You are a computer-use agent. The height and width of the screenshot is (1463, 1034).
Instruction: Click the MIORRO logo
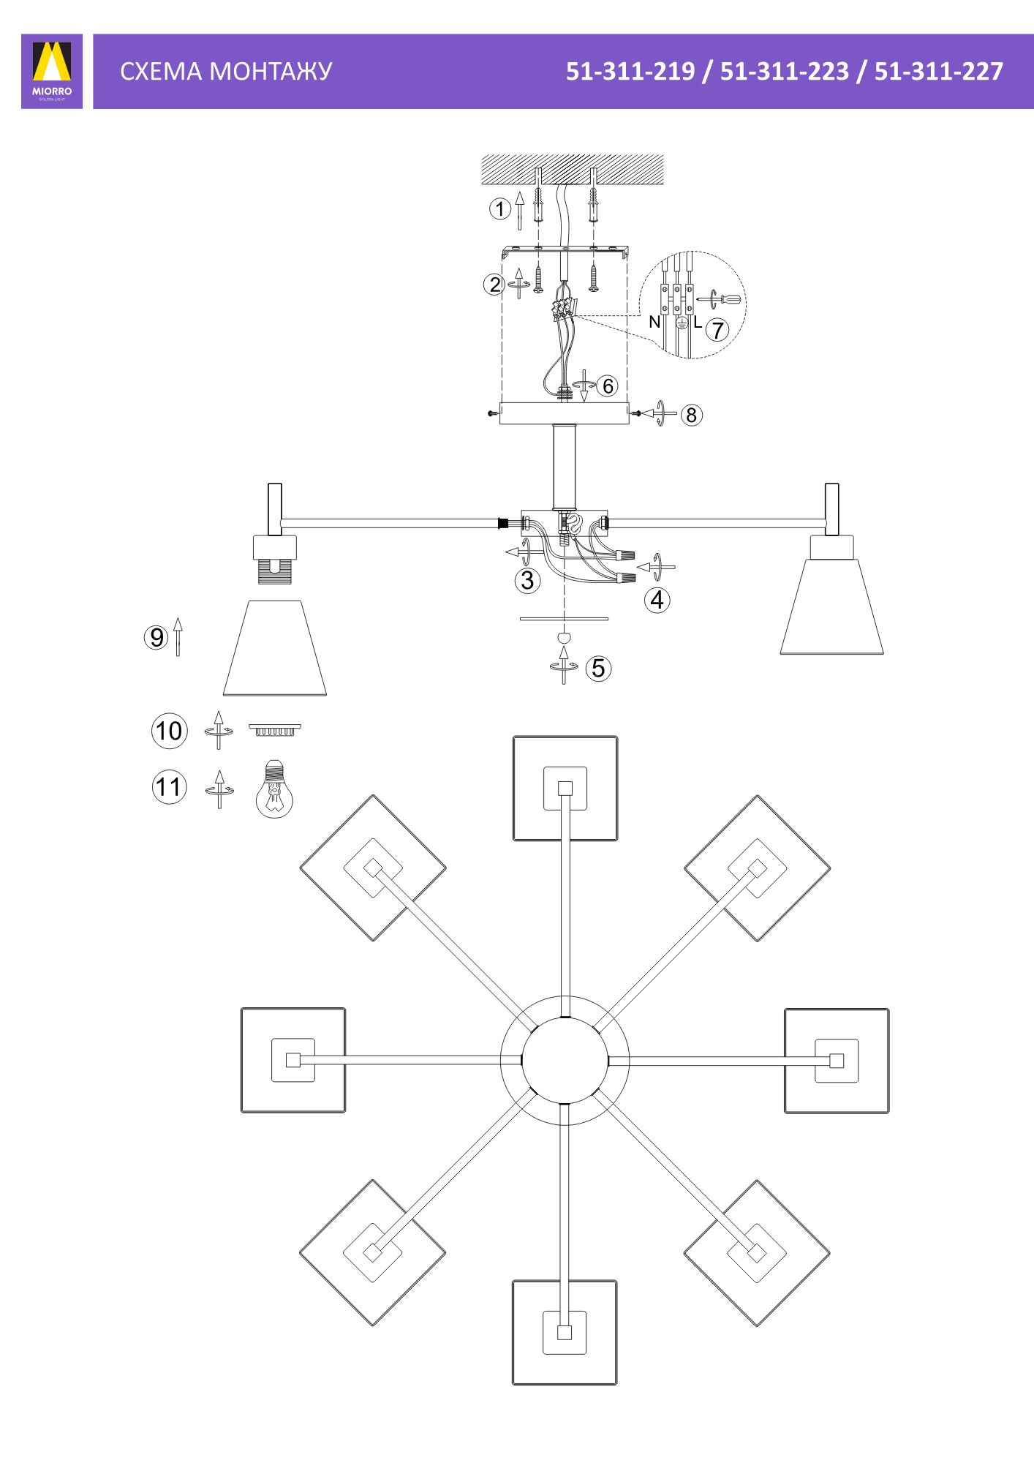52,71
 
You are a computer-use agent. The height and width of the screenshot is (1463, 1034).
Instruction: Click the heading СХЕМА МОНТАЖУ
226,71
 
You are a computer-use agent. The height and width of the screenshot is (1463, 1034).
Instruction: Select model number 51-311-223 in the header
785,71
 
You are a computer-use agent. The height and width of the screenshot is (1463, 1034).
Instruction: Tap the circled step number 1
499,209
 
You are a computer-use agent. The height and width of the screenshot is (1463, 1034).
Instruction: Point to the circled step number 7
717,330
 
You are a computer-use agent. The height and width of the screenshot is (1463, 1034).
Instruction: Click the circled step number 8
691,415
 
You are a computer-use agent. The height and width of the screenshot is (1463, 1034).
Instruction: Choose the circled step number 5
599,668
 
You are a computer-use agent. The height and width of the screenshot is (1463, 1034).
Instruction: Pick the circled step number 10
170,731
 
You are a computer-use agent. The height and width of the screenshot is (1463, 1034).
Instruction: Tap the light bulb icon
274,788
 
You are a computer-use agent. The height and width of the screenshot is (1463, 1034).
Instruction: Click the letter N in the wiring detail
654,322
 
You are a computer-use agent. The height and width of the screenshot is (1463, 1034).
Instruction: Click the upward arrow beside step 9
178,636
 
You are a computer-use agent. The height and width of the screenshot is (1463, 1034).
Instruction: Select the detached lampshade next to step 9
275,648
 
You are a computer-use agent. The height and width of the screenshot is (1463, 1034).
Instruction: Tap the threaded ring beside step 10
275,729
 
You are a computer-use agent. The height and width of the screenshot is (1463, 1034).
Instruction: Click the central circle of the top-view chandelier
565,1060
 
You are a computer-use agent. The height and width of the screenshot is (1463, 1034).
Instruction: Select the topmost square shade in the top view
565,789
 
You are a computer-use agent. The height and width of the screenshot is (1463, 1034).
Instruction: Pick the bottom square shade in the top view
565,1332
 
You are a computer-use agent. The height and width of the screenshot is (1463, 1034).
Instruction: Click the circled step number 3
527,580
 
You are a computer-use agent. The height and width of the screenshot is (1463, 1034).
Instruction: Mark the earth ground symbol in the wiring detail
681,323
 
